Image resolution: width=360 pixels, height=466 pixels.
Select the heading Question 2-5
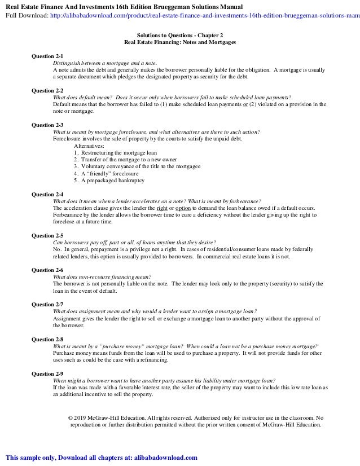tap(47, 235)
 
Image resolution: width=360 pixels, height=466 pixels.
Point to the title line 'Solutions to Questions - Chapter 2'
tap(179, 35)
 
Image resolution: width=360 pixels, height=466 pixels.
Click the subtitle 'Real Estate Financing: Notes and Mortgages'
tap(179, 42)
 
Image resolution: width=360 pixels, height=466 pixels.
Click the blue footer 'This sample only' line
tap(102, 458)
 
